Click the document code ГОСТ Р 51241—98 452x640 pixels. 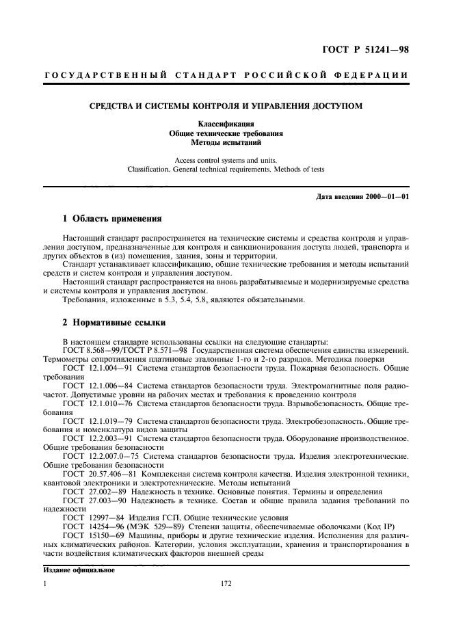pyautogui.click(x=370, y=49)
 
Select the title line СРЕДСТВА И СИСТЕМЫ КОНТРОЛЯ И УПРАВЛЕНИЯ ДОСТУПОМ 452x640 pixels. pyautogui.click(x=226, y=105)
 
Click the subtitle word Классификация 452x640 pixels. pyautogui.click(x=226, y=124)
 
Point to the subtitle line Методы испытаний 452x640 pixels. pyautogui.click(x=226, y=143)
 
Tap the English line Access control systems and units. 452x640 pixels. pyautogui.click(x=226, y=160)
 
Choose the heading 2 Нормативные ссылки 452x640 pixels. pyautogui.click(x=112, y=321)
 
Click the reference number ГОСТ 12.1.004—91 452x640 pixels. pyautogui.click(x=93, y=367)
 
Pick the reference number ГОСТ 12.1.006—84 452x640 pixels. pyautogui.click(x=93, y=386)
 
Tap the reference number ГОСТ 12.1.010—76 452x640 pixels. pyautogui.click(x=93, y=404)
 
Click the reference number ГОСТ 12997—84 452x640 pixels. pyautogui.click(x=87, y=519)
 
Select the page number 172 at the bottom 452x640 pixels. pyautogui.click(x=226, y=585)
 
